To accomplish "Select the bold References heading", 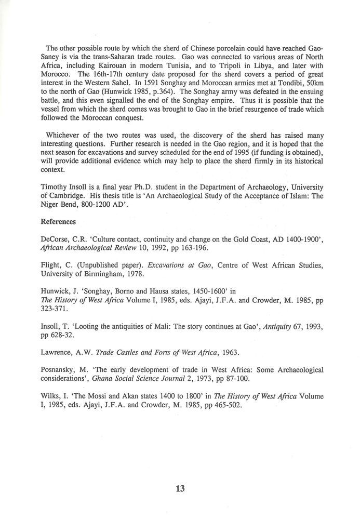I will click(59, 222).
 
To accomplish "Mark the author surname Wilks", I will click(51, 396).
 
